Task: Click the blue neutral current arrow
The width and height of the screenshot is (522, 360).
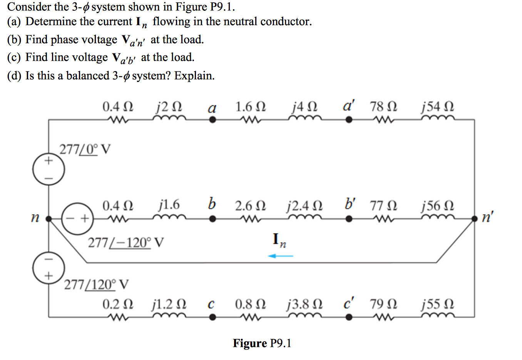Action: (x=281, y=256)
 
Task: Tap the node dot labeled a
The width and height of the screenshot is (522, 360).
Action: (x=212, y=120)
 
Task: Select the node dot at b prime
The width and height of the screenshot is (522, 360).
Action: (x=349, y=219)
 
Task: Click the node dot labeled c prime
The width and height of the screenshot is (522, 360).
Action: (x=349, y=317)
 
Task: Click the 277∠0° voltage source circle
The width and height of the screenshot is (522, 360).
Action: (x=49, y=169)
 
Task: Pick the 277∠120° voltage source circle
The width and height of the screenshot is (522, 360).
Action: (x=49, y=268)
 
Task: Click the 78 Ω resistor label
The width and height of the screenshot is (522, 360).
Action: (x=383, y=107)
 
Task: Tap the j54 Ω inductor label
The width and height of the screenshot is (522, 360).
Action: (x=438, y=107)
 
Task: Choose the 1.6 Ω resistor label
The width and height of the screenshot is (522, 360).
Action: (x=250, y=107)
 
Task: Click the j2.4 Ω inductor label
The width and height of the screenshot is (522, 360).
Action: (x=304, y=206)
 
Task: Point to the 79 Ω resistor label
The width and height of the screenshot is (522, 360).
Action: (x=383, y=305)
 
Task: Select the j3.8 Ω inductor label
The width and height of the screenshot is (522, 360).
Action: (x=304, y=305)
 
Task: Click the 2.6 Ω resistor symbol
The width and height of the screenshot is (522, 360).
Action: (x=250, y=219)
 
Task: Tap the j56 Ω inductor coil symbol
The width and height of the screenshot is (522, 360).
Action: (x=438, y=218)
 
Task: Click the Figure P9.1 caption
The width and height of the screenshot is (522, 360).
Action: (x=262, y=343)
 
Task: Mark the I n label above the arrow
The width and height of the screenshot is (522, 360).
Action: (x=279, y=240)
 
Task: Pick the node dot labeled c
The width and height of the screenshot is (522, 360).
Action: (x=212, y=317)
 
